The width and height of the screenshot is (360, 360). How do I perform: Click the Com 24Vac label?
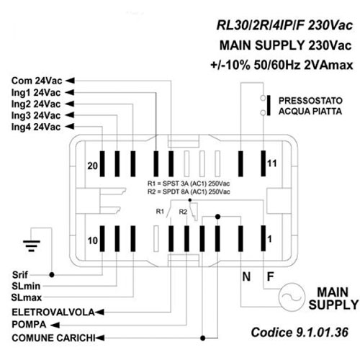pos(37,81)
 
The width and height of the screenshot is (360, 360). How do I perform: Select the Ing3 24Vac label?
pos(36,115)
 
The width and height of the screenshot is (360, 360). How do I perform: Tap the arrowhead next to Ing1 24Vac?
pos(70,92)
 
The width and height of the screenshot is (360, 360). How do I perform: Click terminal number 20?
pos(92,166)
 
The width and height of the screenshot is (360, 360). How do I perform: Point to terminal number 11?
pos(272,163)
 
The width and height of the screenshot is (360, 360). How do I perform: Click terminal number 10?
pos(92,240)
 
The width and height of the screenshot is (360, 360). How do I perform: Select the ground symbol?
pos(32,246)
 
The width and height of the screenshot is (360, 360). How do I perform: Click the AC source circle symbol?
pos(292,297)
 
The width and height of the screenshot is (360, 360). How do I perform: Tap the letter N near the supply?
pos(246,276)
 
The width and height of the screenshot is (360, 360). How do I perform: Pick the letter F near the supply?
pos(271,276)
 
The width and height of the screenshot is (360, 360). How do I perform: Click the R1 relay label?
pos(160,212)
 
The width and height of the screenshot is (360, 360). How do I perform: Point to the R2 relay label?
pos(183,212)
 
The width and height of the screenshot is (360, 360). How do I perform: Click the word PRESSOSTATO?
pos(310,101)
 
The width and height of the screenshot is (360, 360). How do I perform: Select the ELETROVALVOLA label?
pos(53,312)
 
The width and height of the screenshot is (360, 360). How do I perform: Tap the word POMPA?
pos(29,325)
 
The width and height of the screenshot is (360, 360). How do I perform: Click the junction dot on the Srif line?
pos(52,275)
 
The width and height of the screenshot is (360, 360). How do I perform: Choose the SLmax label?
pos(27,297)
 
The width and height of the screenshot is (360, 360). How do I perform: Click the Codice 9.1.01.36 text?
pos(300,333)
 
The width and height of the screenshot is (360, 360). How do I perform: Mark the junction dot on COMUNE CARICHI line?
pos(203,338)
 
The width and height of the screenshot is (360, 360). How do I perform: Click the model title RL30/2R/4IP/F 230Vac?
pos(284,25)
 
